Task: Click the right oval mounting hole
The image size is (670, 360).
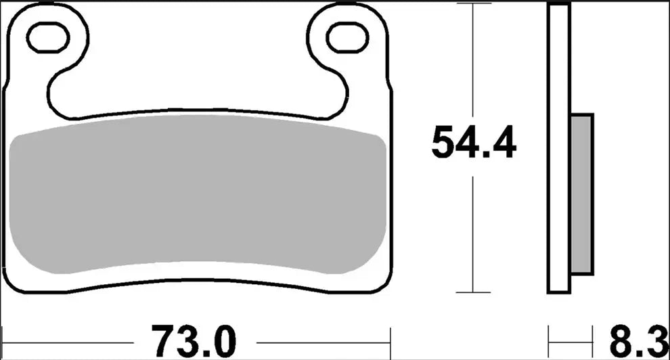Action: point(347,38)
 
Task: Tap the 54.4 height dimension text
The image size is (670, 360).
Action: point(474,143)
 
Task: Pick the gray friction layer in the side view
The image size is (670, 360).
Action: point(582,194)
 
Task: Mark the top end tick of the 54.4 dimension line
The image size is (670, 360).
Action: point(473,4)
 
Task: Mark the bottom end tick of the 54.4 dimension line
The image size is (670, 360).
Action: point(473,293)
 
